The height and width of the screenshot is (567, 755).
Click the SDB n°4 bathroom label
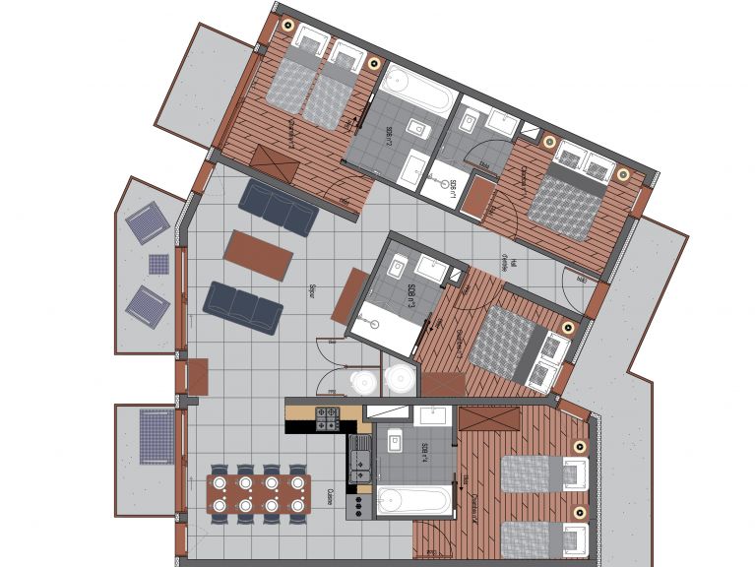pyautogui.click(x=424, y=454)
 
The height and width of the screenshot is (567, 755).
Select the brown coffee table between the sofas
pyautogui.click(x=258, y=254)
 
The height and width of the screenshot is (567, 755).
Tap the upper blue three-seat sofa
pyautogui.click(x=279, y=207)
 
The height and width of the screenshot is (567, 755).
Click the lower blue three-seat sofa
pyautogui.click(x=243, y=307)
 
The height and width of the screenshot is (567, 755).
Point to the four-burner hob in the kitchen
pyautogui.click(x=327, y=418)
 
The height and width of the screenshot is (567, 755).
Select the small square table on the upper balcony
pyautogui.click(x=158, y=264)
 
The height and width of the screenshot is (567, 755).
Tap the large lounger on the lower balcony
pyautogui.click(x=156, y=436)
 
